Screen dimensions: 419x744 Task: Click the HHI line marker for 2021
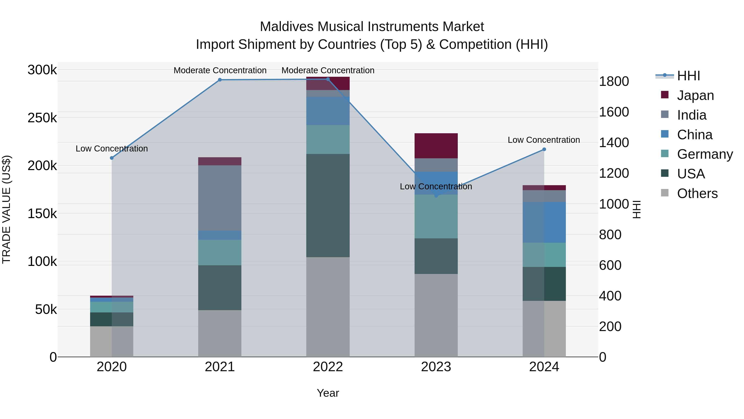(220, 80)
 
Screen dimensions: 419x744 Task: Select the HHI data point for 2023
(436, 196)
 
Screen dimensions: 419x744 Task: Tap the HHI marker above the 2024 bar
(544, 150)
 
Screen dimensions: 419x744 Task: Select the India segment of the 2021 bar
(220, 198)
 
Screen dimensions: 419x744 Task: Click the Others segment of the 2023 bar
(436, 315)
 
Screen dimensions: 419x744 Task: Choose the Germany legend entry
(705, 154)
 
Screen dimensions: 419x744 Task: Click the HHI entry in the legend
(688, 76)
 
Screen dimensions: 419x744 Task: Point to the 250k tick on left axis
(42, 118)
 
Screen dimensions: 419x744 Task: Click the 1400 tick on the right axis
(614, 143)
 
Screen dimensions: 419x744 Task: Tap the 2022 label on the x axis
(328, 367)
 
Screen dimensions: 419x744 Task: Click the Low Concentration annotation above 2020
(112, 149)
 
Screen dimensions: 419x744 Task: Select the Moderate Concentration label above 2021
(220, 71)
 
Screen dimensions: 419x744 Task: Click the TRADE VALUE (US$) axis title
(6, 209)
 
